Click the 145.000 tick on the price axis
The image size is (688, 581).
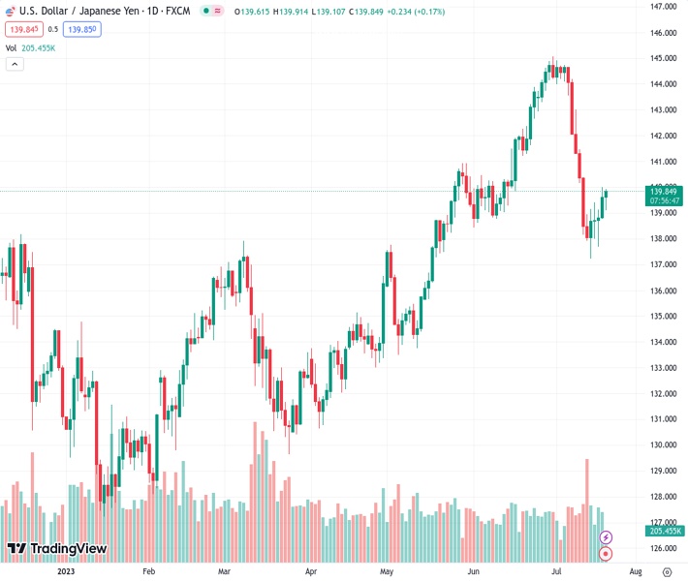click(663, 58)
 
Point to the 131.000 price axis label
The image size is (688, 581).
click(663, 419)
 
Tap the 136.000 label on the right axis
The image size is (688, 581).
click(663, 290)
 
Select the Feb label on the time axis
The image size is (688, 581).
click(148, 571)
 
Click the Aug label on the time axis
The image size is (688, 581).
click(636, 571)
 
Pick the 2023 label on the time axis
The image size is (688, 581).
click(65, 571)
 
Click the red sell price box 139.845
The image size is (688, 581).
click(23, 29)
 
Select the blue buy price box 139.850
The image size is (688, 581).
click(83, 29)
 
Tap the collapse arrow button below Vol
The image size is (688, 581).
click(15, 64)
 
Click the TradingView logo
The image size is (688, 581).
click(56, 549)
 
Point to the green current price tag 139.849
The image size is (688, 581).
click(665, 197)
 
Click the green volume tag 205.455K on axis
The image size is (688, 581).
click(665, 531)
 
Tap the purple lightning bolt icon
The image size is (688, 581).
click(607, 536)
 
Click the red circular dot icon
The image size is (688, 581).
click(607, 554)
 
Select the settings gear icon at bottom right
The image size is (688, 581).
click(667, 571)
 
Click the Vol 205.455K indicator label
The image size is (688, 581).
click(31, 47)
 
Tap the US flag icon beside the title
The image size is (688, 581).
click(10, 10)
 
